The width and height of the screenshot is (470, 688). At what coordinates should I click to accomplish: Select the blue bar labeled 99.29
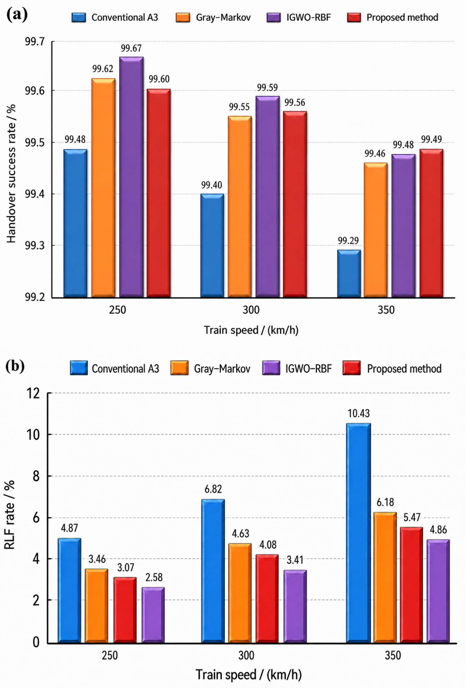(x=349, y=274)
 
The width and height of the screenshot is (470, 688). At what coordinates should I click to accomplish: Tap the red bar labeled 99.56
(x=295, y=204)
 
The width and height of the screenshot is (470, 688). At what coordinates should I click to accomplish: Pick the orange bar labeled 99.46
(x=376, y=230)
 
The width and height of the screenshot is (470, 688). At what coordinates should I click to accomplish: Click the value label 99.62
(x=103, y=69)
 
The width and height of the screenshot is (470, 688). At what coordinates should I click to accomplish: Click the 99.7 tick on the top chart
(x=35, y=42)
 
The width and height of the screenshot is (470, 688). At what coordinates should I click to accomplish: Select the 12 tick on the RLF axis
(x=33, y=393)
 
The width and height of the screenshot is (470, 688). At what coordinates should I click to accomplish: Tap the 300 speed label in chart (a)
(x=251, y=310)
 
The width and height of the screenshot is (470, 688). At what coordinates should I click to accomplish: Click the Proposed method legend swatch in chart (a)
(x=354, y=18)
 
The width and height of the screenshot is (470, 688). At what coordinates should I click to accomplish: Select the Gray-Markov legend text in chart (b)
(x=222, y=369)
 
